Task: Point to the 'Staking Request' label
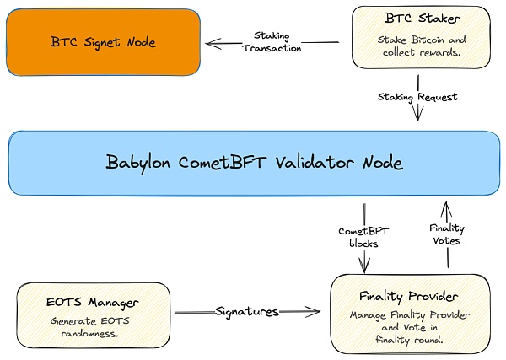pos(417,97)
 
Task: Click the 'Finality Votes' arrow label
pos(446,234)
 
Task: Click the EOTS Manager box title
pos(93,301)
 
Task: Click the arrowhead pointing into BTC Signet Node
pos(210,43)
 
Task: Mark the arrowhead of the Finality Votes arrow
pos(447,204)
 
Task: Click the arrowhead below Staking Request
pos(417,118)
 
